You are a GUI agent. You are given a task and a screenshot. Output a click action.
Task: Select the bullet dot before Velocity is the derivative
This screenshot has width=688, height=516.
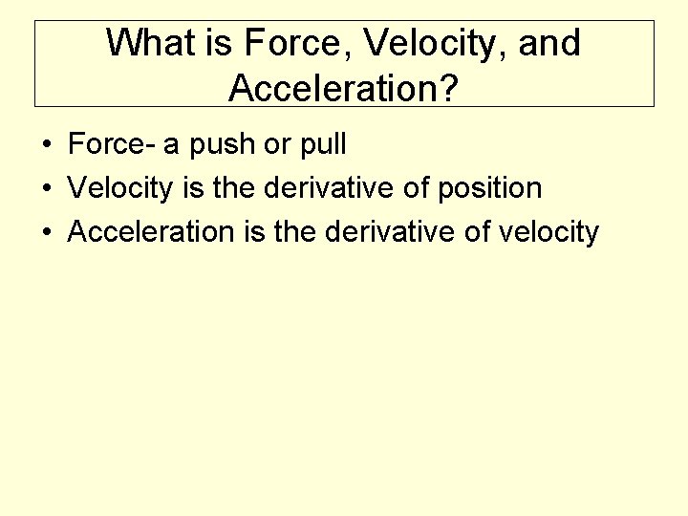tap(46, 189)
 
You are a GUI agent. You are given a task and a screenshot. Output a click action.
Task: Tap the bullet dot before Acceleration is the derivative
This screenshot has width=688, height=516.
tap(46, 232)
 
